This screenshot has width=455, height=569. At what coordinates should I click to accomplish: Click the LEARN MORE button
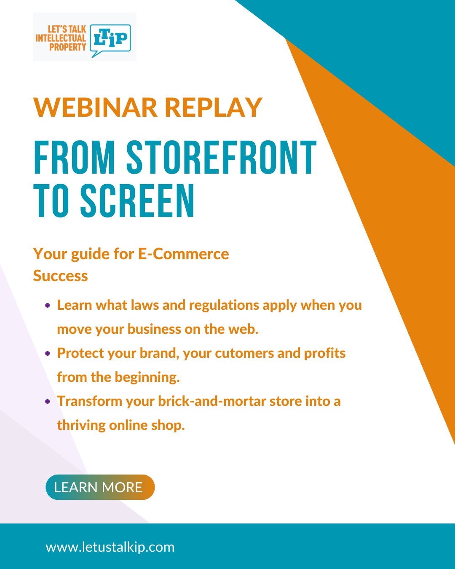(x=100, y=487)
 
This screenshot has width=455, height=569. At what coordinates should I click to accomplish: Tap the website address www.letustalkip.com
(x=110, y=547)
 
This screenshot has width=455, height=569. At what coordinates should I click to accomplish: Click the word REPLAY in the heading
(x=214, y=107)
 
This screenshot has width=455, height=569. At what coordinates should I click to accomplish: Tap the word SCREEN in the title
(x=137, y=201)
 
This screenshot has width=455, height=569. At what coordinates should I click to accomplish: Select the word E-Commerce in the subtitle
(x=184, y=254)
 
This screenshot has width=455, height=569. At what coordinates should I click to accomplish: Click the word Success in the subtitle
(x=60, y=276)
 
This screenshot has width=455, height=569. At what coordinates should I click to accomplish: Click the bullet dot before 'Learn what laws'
(x=48, y=306)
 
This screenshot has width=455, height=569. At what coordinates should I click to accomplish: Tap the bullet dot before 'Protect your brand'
(x=48, y=354)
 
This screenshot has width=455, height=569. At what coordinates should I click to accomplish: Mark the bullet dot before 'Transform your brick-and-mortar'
(x=48, y=402)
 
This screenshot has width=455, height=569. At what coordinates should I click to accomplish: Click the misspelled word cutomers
(x=244, y=353)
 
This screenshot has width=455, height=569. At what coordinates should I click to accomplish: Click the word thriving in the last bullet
(x=81, y=426)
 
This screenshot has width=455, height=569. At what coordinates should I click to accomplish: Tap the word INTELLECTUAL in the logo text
(x=61, y=38)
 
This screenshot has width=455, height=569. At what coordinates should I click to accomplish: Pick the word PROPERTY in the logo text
(x=68, y=47)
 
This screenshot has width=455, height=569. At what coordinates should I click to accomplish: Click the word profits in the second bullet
(x=325, y=354)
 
